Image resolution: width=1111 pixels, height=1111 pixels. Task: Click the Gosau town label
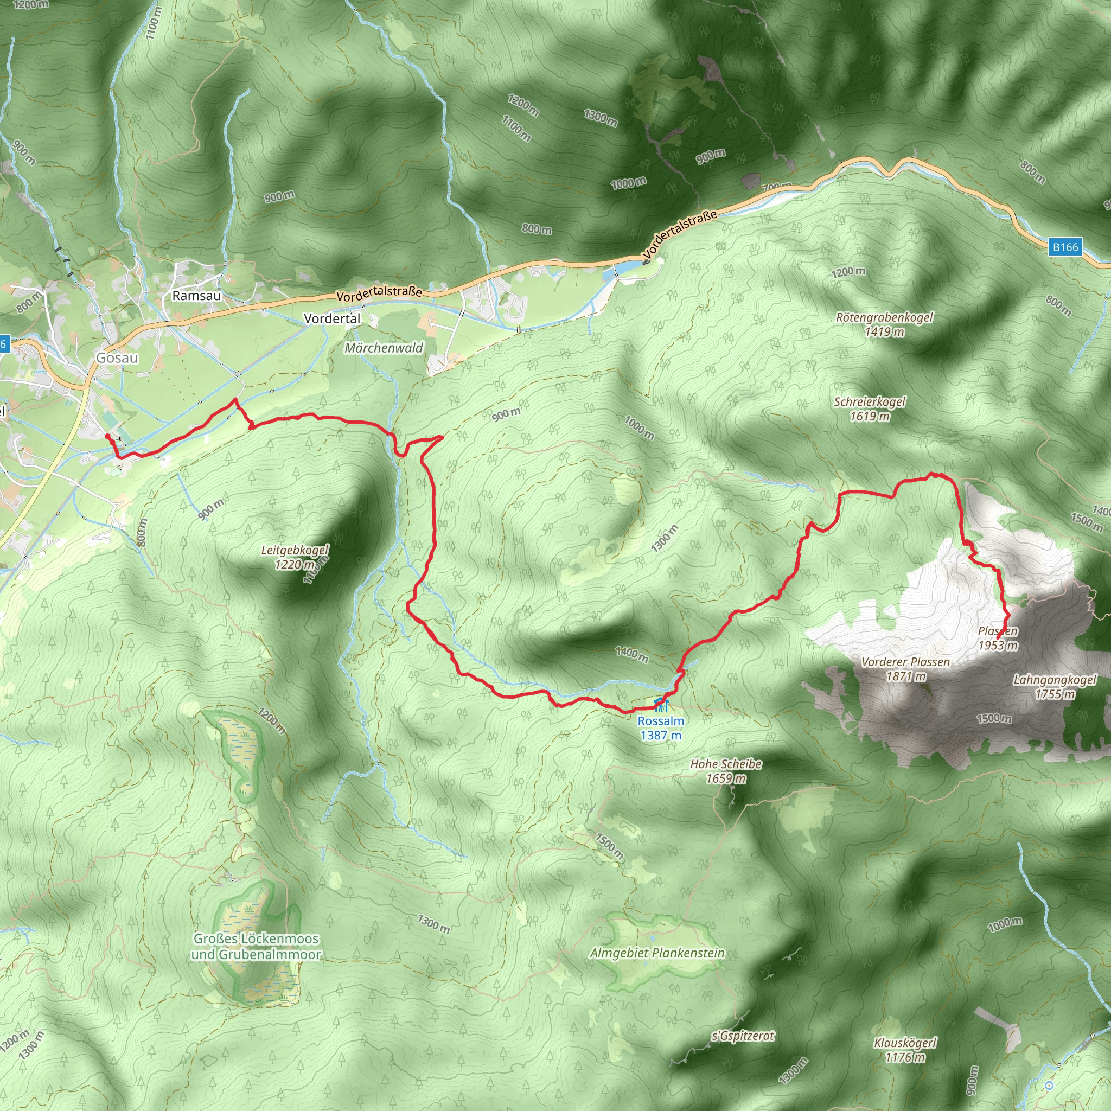coord(117,357)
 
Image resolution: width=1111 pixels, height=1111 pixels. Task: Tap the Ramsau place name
coord(197,296)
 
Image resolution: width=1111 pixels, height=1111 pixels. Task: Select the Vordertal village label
coord(332,318)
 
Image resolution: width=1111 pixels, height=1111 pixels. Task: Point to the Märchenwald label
coord(384,348)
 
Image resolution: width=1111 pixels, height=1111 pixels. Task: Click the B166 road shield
coord(1065,247)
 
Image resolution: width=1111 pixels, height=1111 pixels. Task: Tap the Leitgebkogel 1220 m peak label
coord(295,557)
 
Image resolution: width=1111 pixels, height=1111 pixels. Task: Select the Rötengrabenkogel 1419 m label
coord(884,324)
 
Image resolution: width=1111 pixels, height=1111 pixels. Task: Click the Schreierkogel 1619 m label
coord(870,409)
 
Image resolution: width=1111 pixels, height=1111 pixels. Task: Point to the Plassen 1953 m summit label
coord(998,638)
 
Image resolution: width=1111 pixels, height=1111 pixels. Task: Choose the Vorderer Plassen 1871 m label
coord(905,669)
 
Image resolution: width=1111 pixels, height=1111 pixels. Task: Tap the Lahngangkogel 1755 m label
coord(1055,687)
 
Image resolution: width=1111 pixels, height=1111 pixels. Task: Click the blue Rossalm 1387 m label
coord(661,728)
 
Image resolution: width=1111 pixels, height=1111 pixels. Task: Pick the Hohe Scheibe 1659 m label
coord(726,771)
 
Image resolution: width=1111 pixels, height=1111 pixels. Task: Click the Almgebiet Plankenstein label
coord(657,953)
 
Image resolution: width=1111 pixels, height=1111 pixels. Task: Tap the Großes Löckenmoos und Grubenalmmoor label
coord(256,947)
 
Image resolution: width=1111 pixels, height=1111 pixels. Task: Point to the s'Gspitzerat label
coord(743,1036)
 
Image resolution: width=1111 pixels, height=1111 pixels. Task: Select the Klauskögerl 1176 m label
coord(905,1050)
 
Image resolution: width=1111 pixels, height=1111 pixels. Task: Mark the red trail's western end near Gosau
coord(107,437)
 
